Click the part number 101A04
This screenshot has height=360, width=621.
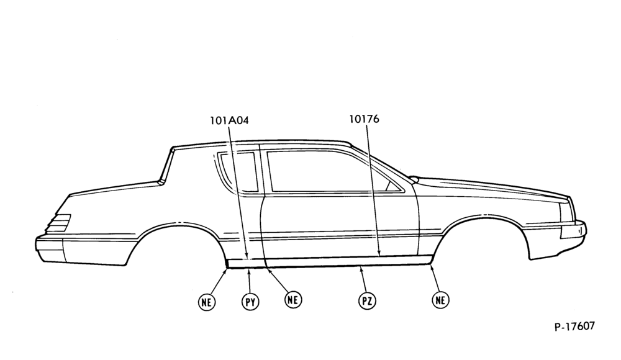point(229,120)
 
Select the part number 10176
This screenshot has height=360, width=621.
point(364,119)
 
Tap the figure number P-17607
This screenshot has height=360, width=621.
point(574,326)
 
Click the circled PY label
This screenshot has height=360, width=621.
point(250,302)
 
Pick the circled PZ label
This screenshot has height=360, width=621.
point(367,302)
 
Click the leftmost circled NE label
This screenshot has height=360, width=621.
point(206,302)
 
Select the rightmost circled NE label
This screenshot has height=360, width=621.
point(440,300)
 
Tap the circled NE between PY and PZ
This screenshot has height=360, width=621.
point(292,299)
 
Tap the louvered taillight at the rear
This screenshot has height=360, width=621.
point(59,223)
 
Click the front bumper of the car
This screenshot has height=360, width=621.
point(573,232)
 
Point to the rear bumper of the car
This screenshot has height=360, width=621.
point(50,250)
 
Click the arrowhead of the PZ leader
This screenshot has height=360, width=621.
point(360,269)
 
